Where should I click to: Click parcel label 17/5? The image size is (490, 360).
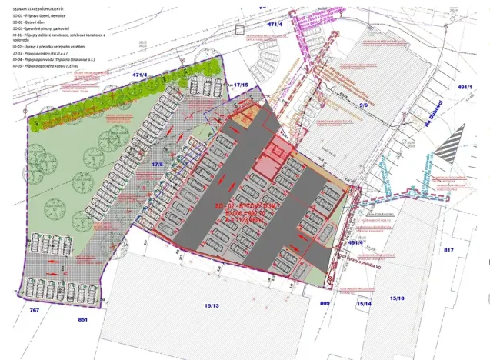158,164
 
